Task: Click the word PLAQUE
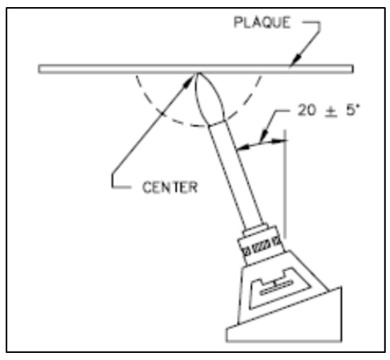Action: (x=262, y=23)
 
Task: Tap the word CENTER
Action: (x=170, y=187)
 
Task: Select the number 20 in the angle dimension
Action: (x=307, y=110)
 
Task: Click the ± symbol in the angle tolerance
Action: (x=331, y=111)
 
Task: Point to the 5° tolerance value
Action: (x=352, y=110)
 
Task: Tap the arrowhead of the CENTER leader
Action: (x=189, y=81)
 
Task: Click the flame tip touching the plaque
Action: (x=199, y=73)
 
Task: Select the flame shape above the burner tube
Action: (x=210, y=99)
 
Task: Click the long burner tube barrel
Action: (x=235, y=174)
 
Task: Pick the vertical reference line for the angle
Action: (x=285, y=184)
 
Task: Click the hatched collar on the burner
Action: (x=261, y=246)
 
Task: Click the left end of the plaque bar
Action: (x=39, y=69)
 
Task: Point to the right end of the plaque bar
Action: (x=352, y=69)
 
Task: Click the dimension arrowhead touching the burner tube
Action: (x=243, y=147)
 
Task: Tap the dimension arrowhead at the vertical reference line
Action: (x=279, y=141)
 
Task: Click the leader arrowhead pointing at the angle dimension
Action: (x=263, y=136)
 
